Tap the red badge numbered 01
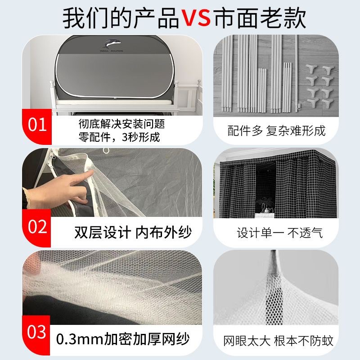click(x=37, y=125)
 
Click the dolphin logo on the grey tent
click(x=112, y=44)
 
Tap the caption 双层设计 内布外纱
click(x=133, y=232)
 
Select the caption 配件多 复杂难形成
click(x=276, y=131)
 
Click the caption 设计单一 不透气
click(x=279, y=233)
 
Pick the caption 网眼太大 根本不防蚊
click(x=279, y=341)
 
